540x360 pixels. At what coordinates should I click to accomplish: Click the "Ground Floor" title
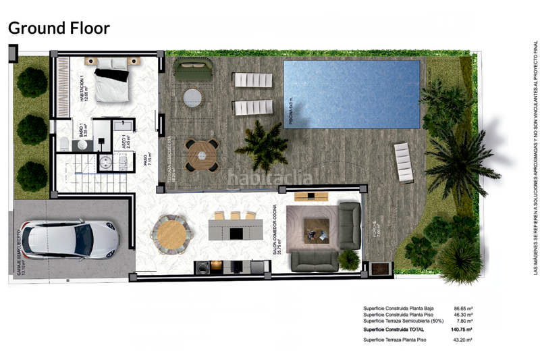click(x=58, y=28)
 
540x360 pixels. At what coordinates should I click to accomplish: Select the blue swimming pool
click(x=352, y=93)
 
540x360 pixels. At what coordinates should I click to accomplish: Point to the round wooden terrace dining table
click(x=202, y=155)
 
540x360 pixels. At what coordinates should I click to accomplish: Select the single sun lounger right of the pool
click(x=404, y=163)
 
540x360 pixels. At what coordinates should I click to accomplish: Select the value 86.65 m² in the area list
click(x=462, y=307)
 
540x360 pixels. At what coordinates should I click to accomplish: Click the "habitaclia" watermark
click(x=269, y=178)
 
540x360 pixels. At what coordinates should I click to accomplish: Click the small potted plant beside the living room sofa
click(x=348, y=259)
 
